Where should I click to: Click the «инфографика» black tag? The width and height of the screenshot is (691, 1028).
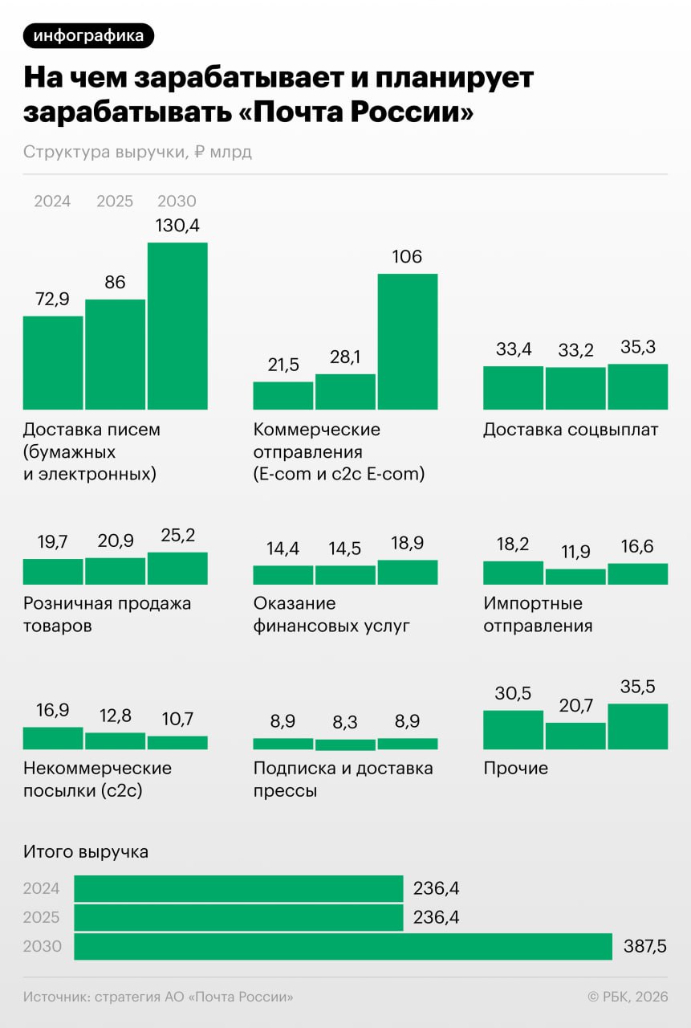tap(88, 35)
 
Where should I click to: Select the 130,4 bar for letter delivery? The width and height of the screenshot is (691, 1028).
tap(177, 325)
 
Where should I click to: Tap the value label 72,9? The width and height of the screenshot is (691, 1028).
tap(53, 299)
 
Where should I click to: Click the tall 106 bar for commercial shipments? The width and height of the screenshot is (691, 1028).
tap(408, 341)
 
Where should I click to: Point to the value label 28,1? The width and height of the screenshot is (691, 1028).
tap(345, 357)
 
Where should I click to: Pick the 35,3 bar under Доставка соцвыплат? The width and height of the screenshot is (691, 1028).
tap(637, 386)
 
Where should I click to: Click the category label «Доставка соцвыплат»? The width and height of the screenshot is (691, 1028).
tap(571, 430)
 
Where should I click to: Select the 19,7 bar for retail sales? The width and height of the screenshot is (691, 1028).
tap(53, 571)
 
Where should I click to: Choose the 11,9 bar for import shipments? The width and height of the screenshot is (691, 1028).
tap(575, 577)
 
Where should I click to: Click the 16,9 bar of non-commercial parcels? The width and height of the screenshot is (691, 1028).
tap(53, 738)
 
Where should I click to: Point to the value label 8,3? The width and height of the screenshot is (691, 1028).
tap(345, 722)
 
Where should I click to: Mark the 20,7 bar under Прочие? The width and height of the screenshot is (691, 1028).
tap(575, 736)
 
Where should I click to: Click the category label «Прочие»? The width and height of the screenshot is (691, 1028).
tap(515, 769)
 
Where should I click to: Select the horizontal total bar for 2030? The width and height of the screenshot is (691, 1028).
tap(343, 947)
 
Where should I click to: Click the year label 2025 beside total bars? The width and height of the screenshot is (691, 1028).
tap(42, 917)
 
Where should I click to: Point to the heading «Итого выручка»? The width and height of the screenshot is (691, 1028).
tap(86, 852)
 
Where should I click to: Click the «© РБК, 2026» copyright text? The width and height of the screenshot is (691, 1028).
tap(628, 997)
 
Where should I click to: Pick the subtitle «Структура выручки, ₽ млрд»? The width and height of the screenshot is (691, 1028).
tap(137, 152)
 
